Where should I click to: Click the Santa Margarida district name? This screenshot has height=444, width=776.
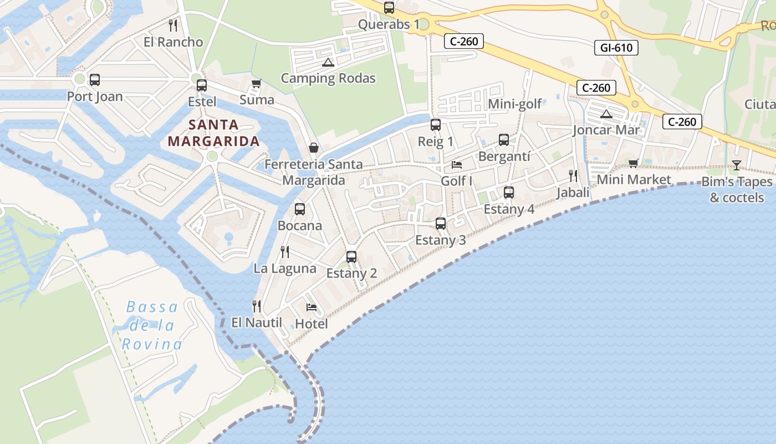(x=214, y=133)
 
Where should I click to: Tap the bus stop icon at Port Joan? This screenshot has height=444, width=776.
(x=95, y=80)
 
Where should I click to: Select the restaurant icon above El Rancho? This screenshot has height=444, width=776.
(x=173, y=25)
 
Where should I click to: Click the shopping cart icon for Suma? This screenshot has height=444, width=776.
(x=256, y=84)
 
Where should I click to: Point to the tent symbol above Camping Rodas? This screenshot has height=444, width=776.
(x=328, y=62)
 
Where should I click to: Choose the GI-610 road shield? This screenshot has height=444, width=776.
(x=616, y=48)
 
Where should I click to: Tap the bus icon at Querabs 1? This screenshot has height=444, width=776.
(x=389, y=8)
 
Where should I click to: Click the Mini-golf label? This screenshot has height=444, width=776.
(x=515, y=104)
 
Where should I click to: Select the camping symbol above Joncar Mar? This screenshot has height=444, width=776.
(x=606, y=114)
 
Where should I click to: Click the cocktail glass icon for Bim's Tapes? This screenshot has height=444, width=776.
(x=736, y=165)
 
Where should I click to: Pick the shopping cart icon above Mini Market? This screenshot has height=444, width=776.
(x=634, y=163)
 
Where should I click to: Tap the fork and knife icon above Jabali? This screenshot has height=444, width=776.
(x=573, y=176)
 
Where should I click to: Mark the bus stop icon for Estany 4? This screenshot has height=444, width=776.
(x=509, y=193)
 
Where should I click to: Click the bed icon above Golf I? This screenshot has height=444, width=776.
(x=457, y=165)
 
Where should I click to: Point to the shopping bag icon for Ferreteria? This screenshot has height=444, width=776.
(x=314, y=148)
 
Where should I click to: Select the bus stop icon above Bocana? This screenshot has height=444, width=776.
(x=300, y=209)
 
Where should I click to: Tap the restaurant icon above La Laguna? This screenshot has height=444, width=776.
(x=285, y=252)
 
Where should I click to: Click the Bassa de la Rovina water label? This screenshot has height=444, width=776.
(x=151, y=326)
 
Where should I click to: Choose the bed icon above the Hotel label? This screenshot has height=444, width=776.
(x=312, y=307)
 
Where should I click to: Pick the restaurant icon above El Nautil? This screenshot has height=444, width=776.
(x=257, y=306)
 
